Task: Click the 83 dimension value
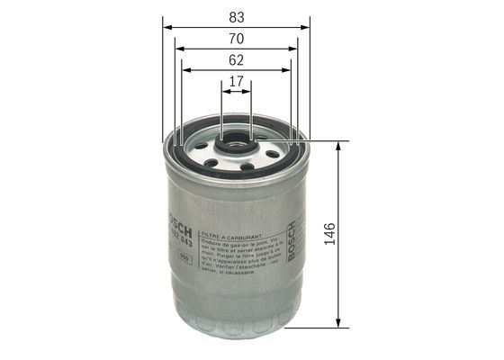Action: (x=236, y=15)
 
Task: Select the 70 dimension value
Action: (x=236, y=39)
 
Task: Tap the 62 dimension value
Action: (x=236, y=61)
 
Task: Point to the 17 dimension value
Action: (x=236, y=81)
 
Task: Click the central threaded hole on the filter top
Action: (x=236, y=141)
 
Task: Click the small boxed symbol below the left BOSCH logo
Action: (x=184, y=258)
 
